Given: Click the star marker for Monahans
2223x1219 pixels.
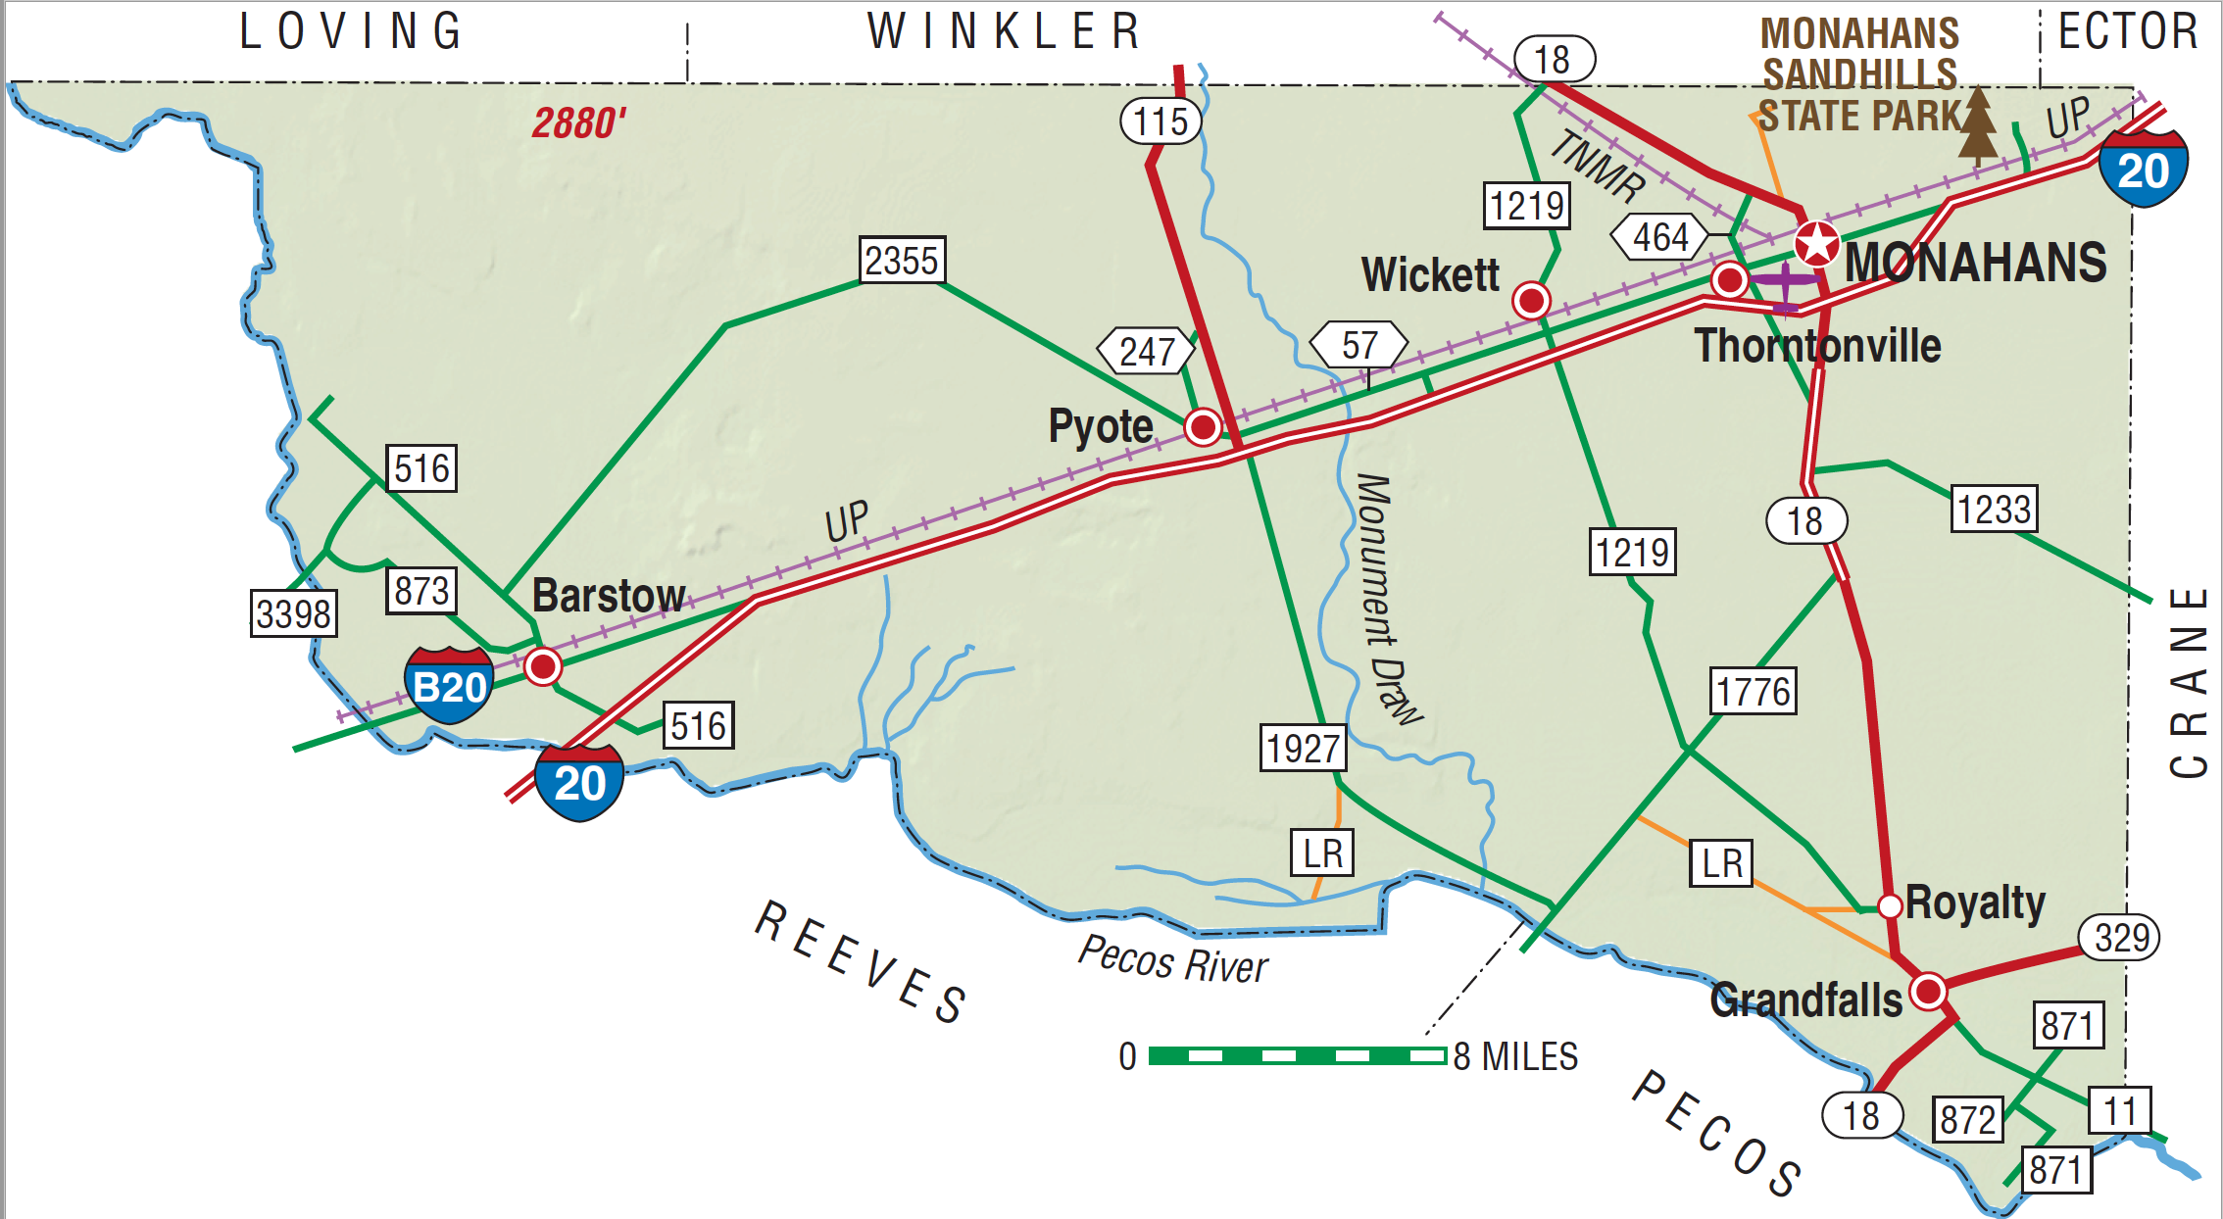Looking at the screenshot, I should pos(1816,243).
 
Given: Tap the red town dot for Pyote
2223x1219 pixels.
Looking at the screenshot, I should pos(1203,426).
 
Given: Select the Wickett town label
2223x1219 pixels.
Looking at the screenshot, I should pos(1430,275).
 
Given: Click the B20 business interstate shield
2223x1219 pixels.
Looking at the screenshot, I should pos(449,685).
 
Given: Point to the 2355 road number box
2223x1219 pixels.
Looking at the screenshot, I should pos(902,261).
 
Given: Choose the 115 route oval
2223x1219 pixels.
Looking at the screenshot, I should pos(1161,122).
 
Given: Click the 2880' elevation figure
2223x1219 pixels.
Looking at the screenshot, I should pos(578,123).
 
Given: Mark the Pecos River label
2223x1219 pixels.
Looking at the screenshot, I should pos(1172,959).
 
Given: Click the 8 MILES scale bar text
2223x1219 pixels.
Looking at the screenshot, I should pos(1515,1056).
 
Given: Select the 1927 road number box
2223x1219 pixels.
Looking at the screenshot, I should pos(1303,749).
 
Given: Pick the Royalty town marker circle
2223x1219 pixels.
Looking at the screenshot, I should pos(1889,905).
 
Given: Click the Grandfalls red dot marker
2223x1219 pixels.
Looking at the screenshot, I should pos(1928,991).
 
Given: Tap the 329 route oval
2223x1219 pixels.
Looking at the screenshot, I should pos(2121,938).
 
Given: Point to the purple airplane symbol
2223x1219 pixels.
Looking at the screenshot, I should pos(1786,285).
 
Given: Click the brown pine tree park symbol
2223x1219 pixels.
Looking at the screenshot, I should pos(1978,125).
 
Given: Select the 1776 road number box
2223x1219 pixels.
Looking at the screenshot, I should pos(1753,692).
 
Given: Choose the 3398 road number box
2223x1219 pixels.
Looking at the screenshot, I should pos(293,613).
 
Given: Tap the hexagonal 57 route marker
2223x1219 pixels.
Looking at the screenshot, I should pos(1358,345).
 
